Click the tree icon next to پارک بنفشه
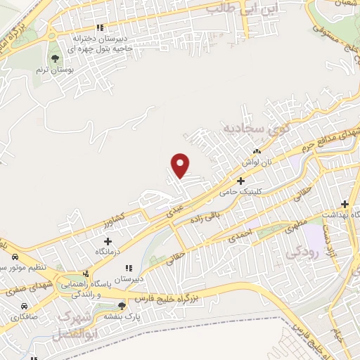pyautogui.click(x=122, y=306)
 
